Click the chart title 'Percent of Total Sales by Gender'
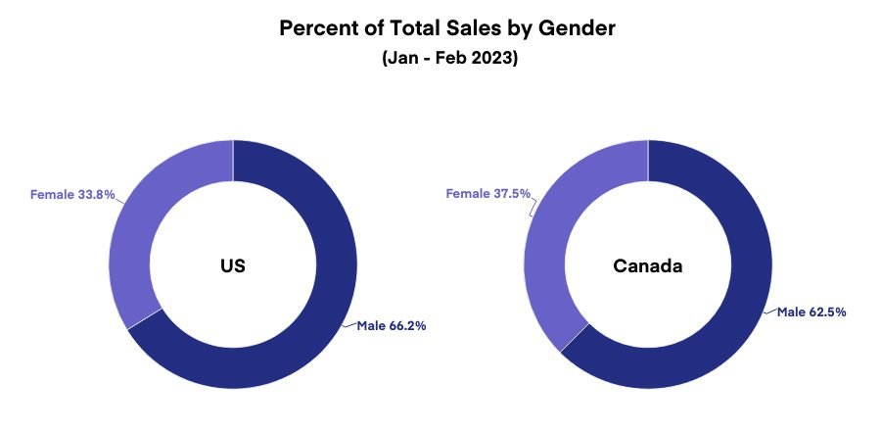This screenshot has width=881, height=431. pyautogui.click(x=447, y=27)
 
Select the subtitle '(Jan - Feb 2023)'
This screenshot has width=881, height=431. pyautogui.click(x=448, y=59)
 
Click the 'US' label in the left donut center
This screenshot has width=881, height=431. pyautogui.click(x=232, y=265)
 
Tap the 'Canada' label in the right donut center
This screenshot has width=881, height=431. pyautogui.click(x=647, y=265)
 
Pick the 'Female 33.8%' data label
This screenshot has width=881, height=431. pyautogui.click(x=72, y=194)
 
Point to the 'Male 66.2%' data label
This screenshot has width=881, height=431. pyautogui.click(x=391, y=325)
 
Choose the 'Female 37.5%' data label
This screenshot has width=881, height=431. pyautogui.click(x=487, y=194)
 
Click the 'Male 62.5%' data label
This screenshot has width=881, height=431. pyautogui.click(x=811, y=311)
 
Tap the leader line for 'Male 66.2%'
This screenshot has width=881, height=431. pyautogui.click(x=348, y=323)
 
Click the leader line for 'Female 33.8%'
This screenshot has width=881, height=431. pyautogui.click(x=119, y=198)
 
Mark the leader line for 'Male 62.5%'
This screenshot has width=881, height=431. pyautogui.click(x=769, y=311)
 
